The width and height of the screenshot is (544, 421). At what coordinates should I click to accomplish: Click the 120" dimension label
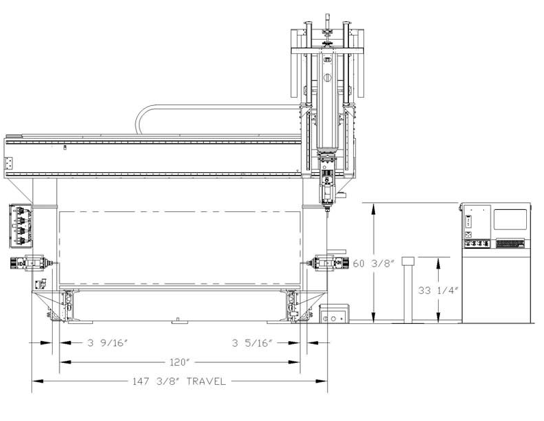coord(179,362)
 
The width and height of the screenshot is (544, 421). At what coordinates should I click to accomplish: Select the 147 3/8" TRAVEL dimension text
coord(179,381)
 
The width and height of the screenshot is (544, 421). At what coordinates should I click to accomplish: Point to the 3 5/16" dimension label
coord(252,343)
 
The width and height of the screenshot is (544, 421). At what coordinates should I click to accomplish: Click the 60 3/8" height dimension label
coord(374,264)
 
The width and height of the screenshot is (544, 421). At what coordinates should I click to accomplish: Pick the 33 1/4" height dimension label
coord(438,290)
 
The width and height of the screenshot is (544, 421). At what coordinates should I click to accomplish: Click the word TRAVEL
coord(207,381)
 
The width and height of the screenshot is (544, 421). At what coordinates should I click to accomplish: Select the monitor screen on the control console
coord(510,219)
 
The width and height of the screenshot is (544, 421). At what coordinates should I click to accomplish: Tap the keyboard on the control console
coord(510,243)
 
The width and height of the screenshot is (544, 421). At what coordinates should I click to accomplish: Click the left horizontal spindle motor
coord(31,263)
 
